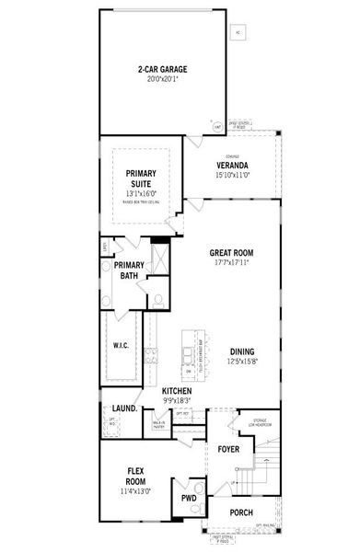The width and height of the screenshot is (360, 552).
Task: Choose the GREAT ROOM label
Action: [x=231, y=253]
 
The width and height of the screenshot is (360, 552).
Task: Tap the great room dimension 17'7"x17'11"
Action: [x=231, y=262]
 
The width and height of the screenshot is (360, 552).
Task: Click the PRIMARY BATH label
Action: [x=130, y=270]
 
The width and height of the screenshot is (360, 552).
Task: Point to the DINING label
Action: [x=243, y=351]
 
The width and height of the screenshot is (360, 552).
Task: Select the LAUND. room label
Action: [x=125, y=407]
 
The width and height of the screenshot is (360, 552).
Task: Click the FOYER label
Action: [x=227, y=450]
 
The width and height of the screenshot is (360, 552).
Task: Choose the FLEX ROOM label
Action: [x=135, y=476]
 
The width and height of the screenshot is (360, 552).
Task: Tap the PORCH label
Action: [x=240, y=513]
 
